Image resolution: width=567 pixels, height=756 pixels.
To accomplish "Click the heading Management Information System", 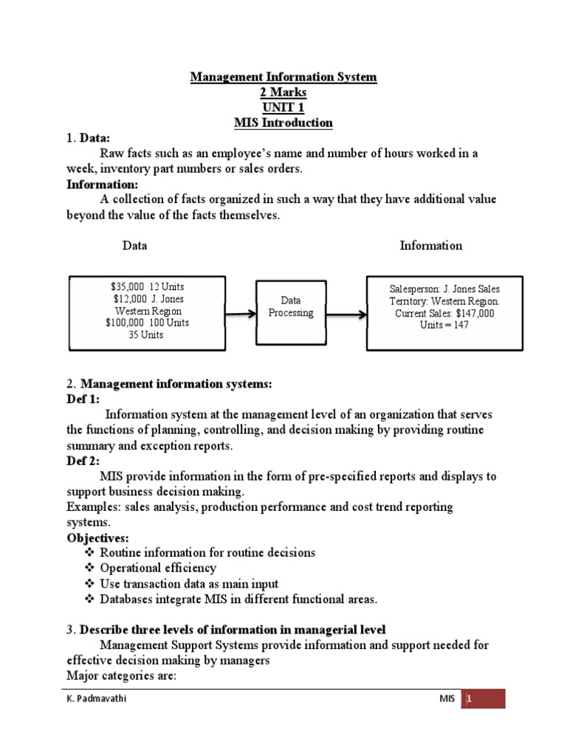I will coord(283,77).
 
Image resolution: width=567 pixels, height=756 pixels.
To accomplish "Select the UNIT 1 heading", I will coord(283,108).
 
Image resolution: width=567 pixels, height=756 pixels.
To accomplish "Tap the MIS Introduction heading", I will coord(283,123).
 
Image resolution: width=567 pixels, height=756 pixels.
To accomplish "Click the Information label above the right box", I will coord(430,246).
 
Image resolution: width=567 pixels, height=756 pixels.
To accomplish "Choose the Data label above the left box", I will coord(134,246).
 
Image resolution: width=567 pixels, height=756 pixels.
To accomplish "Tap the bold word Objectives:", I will coord(97,537).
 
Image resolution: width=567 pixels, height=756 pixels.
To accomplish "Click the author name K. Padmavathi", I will coord(93,698).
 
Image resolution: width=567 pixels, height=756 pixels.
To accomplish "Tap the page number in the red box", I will coord(468,698).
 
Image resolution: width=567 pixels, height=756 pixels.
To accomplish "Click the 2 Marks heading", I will coord(283,92).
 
